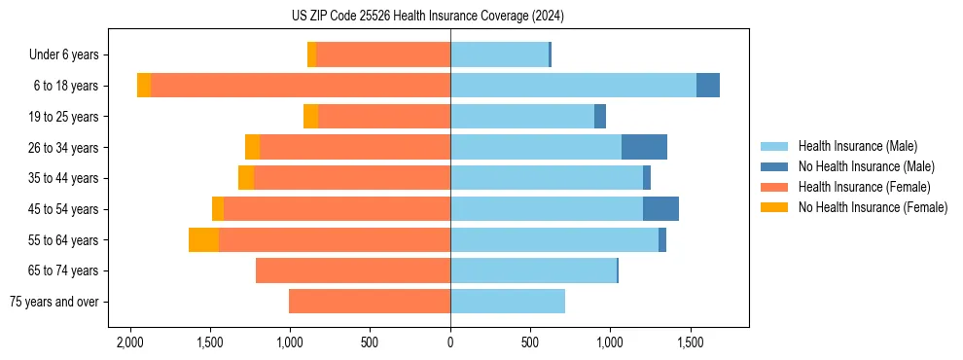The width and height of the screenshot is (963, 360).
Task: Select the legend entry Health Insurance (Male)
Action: click(857, 146)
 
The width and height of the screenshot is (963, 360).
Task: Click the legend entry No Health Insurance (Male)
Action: click(866, 166)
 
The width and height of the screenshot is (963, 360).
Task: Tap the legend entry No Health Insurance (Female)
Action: click(873, 207)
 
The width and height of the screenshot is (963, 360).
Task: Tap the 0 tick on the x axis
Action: click(450, 343)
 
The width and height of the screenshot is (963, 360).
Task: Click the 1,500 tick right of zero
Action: click(691, 343)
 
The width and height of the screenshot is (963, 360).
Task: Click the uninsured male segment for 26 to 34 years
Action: click(644, 147)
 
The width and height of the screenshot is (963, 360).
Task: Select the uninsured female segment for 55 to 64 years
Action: click(203, 240)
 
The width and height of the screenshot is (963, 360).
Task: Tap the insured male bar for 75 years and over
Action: click(508, 302)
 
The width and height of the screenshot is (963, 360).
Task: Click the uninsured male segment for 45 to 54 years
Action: click(660, 209)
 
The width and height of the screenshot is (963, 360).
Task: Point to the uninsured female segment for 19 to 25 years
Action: click(310, 117)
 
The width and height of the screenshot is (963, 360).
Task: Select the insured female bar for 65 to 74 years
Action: click(353, 270)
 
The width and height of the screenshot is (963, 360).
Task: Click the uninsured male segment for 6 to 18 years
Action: click(708, 86)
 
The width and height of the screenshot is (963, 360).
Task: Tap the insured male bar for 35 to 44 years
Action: click(547, 178)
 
